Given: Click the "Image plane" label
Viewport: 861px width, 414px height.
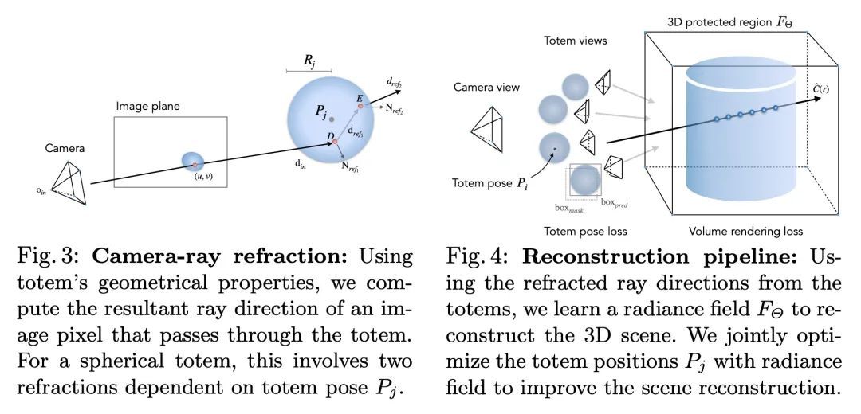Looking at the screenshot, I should click(148, 105).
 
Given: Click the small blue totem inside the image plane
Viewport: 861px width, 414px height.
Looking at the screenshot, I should click(193, 161).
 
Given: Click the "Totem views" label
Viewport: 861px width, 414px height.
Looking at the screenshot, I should click(576, 39).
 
